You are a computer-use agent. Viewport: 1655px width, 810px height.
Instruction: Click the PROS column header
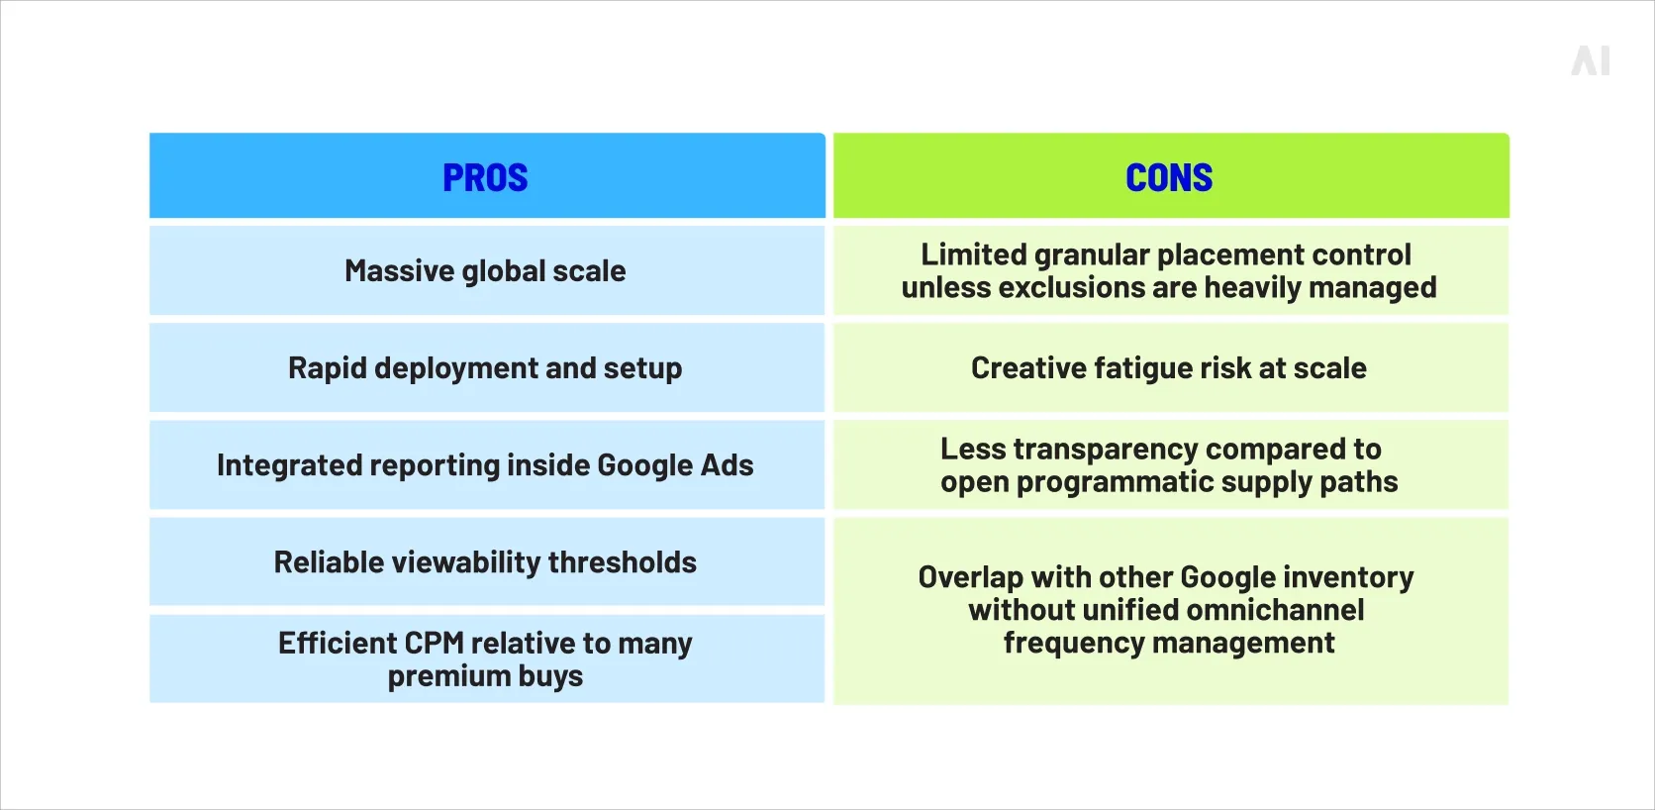point(485,177)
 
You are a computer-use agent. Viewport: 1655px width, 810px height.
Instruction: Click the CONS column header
point(1169,177)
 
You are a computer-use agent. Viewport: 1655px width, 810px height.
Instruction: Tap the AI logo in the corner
point(1591,61)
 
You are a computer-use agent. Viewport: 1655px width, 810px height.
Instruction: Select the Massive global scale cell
point(485,270)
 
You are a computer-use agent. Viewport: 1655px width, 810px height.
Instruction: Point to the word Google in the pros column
point(644,465)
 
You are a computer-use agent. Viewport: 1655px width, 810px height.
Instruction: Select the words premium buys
point(485,676)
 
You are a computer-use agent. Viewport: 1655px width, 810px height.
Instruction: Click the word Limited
point(973,254)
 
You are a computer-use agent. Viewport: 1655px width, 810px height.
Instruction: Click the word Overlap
point(970,577)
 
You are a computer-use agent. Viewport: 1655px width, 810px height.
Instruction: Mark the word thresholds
point(622,562)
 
